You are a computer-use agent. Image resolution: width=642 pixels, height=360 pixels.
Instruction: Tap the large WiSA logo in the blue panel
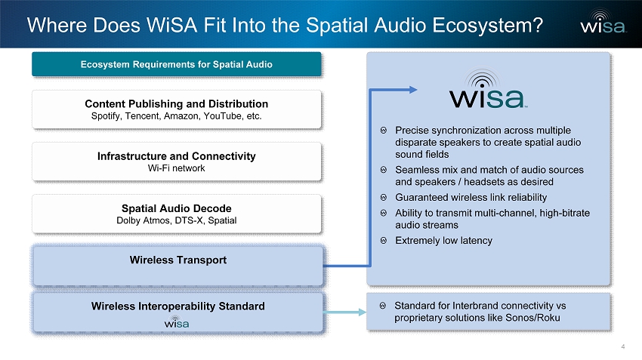pyautogui.click(x=486, y=89)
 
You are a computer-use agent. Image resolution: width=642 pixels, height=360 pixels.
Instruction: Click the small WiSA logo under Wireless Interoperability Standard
pyautogui.click(x=177, y=322)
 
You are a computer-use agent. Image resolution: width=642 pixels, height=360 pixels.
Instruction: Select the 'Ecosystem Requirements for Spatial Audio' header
pyautogui.click(x=177, y=64)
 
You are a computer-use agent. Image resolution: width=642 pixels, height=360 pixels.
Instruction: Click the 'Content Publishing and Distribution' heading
pyautogui.click(x=177, y=104)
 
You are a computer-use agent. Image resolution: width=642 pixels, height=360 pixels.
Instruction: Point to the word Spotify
pyautogui.click(x=106, y=116)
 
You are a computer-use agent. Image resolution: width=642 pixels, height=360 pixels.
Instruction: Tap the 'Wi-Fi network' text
pyautogui.click(x=177, y=168)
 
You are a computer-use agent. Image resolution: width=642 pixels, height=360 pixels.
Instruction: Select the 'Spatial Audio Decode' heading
pyautogui.click(x=177, y=208)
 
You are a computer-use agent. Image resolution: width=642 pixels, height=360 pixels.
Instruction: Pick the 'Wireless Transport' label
pyautogui.click(x=178, y=260)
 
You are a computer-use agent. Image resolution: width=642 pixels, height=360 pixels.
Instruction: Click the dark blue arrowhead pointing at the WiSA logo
pyautogui.click(x=412, y=90)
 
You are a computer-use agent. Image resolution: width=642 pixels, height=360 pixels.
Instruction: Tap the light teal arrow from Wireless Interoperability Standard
pyautogui.click(x=344, y=312)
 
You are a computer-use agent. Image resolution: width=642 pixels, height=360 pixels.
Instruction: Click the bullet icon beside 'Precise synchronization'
pyautogui.click(x=384, y=131)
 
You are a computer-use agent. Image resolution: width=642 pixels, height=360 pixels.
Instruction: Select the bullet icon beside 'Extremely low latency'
pyautogui.click(x=384, y=241)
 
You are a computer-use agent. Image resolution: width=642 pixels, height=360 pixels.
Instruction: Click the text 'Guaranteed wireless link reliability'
pyautogui.click(x=471, y=198)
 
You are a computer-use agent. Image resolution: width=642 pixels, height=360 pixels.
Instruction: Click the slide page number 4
pyautogui.click(x=623, y=346)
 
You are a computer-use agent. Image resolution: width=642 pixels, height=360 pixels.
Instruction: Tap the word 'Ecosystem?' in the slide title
pyautogui.click(x=488, y=26)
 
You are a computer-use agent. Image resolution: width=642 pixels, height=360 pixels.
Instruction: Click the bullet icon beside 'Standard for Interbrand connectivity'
pyautogui.click(x=383, y=306)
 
